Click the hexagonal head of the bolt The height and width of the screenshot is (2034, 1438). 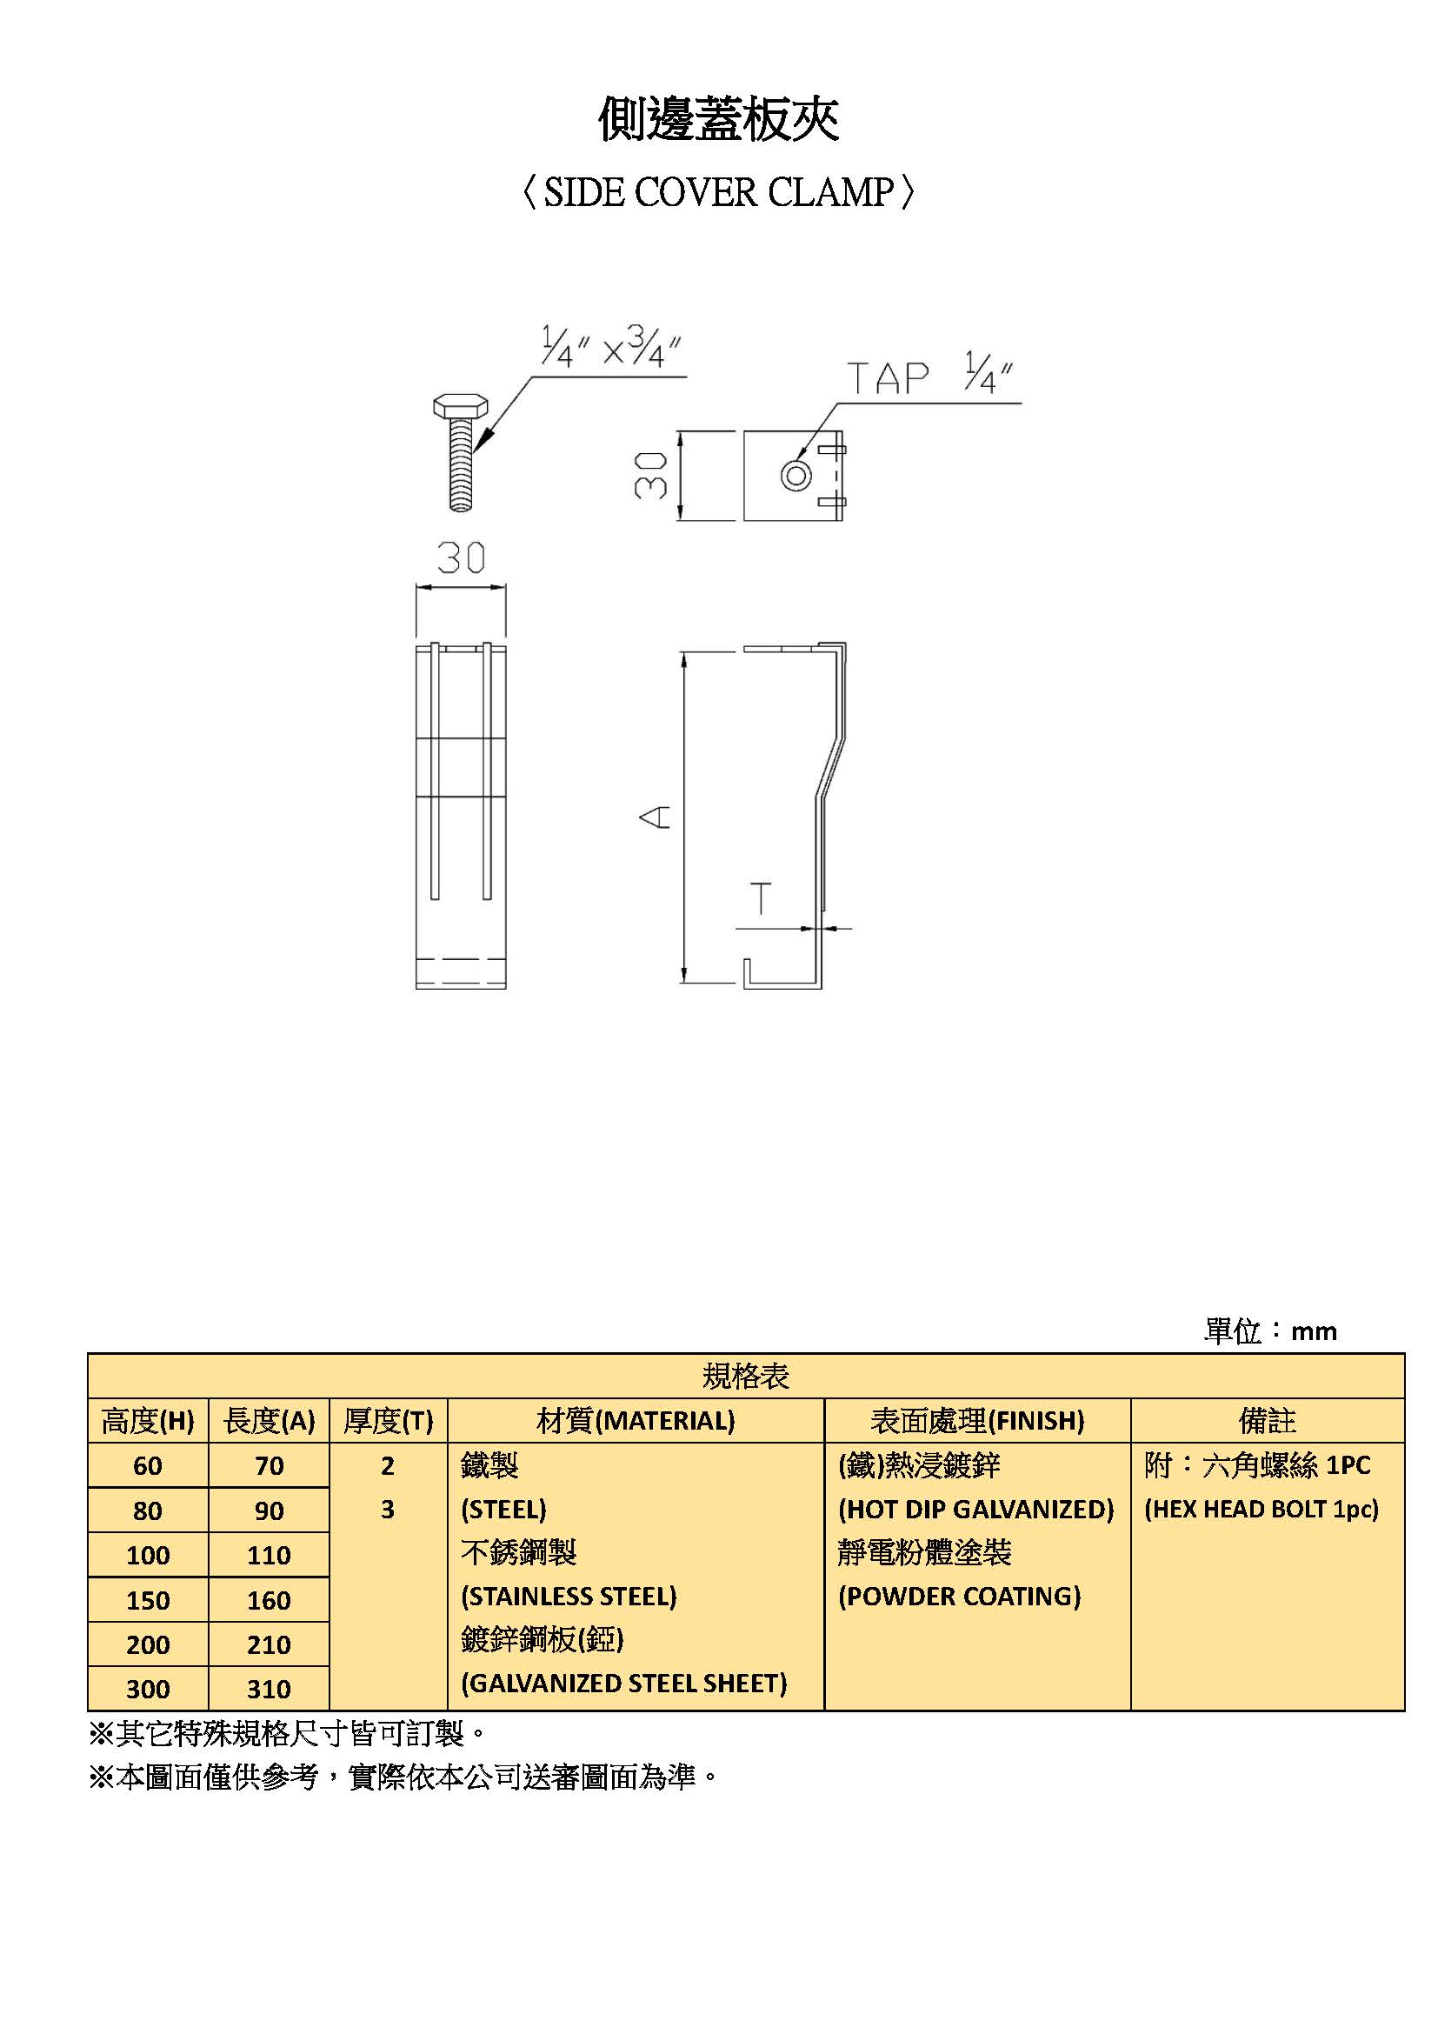461,406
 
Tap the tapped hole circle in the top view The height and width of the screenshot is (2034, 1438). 796,476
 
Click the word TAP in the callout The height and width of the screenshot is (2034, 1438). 888,378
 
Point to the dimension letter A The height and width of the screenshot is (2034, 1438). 656,817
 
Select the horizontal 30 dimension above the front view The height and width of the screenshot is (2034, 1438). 462,557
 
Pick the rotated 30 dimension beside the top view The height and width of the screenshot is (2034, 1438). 651,475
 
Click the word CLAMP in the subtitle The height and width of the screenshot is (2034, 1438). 830,192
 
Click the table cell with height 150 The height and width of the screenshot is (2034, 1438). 148,1600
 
